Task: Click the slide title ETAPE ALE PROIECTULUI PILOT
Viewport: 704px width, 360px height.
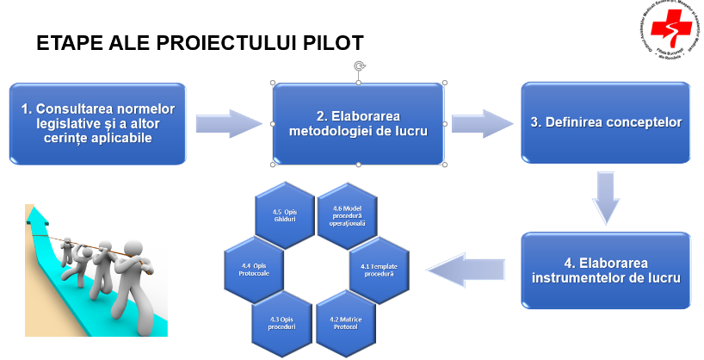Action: click(x=200, y=44)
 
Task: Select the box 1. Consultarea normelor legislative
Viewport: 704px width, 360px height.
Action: click(x=98, y=122)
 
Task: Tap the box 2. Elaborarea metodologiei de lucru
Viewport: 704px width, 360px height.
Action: click(x=359, y=122)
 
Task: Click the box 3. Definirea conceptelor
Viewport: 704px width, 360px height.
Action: click(x=606, y=122)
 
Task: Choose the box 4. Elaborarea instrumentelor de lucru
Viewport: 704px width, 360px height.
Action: click(x=606, y=269)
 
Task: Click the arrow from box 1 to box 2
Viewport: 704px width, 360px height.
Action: click(x=227, y=122)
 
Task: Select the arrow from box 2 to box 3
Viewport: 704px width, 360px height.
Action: click(x=483, y=122)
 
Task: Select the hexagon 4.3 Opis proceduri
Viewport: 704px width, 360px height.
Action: click(x=283, y=323)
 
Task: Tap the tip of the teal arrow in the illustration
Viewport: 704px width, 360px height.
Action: click(x=35, y=210)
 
